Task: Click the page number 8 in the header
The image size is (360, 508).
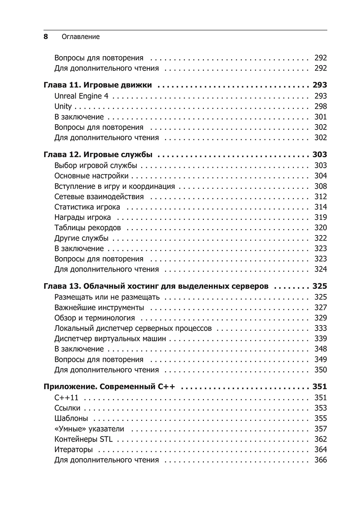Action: pos(45,37)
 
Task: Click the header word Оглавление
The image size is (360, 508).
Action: pos(81,37)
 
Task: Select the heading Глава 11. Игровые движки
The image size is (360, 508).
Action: pos(98,85)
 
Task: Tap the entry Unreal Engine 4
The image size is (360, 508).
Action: pos(83,96)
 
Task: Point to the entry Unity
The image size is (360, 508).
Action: pos(63,107)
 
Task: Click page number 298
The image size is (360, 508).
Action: pos(320,107)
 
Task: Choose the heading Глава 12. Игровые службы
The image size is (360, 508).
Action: pos(98,155)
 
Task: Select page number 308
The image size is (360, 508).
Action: pos(320,186)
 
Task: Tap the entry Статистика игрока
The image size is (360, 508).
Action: pos(87,207)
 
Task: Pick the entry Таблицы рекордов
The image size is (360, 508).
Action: pos(87,227)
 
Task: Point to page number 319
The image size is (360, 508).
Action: pos(320,217)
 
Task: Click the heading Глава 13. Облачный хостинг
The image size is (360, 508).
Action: pos(156,286)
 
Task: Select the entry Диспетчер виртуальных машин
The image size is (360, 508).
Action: pos(110,339)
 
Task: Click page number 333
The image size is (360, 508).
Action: pos(320,328)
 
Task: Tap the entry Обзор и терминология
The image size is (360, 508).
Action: pos(94,318)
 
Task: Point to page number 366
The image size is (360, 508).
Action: pos(320,460)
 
